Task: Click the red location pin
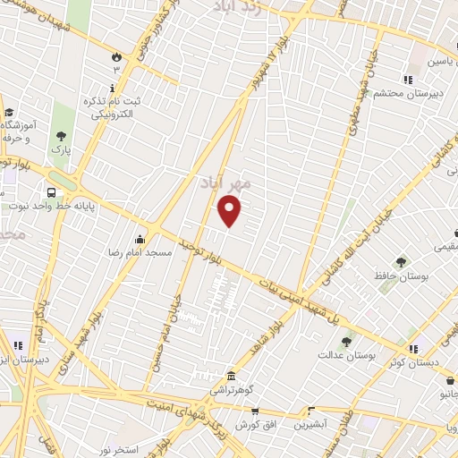(231, 210)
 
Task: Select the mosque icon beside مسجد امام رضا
(139, 239)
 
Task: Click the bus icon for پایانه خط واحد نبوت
(51, 191)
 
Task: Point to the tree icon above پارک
(61, 136)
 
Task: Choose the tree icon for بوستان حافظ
(400, 262)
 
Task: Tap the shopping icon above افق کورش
(255, 412)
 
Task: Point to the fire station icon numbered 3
(116, 58)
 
